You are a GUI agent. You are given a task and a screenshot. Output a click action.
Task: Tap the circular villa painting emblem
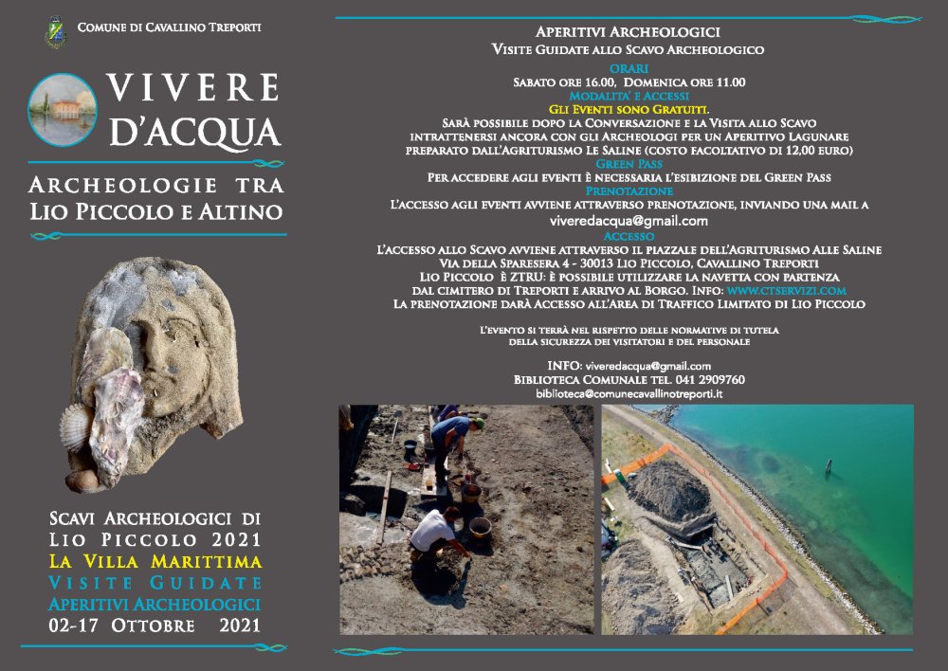coord(64,109)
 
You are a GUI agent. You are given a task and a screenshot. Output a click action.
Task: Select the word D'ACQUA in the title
coord(195,132)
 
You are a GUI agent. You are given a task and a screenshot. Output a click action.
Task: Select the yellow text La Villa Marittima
coord(155,561)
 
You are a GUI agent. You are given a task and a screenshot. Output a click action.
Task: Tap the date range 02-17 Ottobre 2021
coord(155,626)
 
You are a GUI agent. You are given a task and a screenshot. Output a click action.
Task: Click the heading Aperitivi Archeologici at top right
coord(628,32)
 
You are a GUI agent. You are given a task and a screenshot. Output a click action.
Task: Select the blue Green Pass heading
coord(629,163)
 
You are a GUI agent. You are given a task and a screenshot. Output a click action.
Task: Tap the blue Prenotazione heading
coord(629,190)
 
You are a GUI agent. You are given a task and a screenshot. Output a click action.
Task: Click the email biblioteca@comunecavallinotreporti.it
coord(629,392)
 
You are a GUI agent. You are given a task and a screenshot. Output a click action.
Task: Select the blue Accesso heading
coord(629,235)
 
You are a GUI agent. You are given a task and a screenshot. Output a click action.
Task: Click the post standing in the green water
coord(828,468)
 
